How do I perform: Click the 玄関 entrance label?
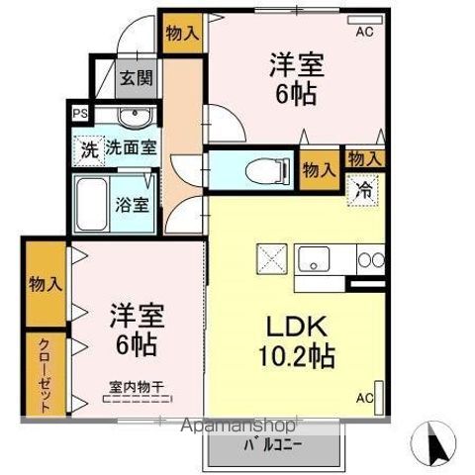[136, 78]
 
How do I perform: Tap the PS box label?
[80, 114]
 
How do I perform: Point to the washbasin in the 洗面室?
[135, 116]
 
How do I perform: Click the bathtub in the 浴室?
[92, 204]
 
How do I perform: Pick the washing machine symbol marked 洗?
[89, 150]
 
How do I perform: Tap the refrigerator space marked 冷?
[362, 191]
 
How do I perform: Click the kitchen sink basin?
[314, 259]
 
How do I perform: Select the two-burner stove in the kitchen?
[371, 259]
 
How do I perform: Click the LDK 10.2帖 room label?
[297, 341]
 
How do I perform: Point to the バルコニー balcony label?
[272, 446]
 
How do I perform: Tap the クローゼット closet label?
[46, 375]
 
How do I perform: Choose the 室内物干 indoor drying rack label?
[138, 387]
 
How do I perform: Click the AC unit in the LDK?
[379, 398]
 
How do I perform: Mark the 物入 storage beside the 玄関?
[183, 34]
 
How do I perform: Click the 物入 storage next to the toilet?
[320, 170]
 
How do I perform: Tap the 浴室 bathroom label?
[132, 205]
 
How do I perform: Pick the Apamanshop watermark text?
[238, 426]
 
